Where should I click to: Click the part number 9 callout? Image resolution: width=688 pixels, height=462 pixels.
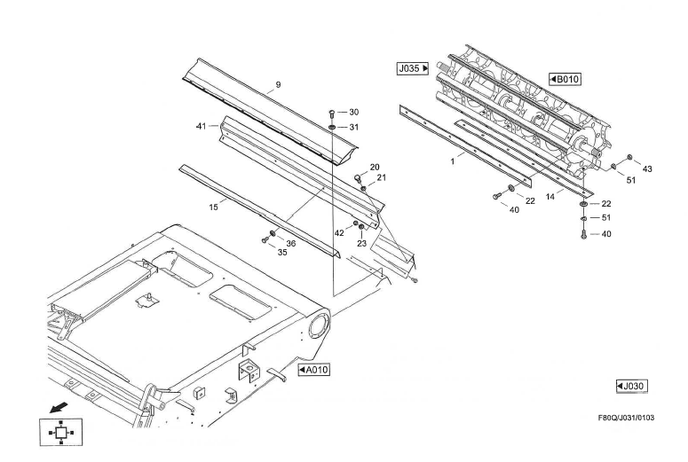tap(278, 85)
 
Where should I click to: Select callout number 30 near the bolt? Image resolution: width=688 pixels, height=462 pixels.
tap(353, 113)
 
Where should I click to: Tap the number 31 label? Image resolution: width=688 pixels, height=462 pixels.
tap(353, 127)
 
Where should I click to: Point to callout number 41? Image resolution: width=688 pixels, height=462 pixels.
tap(201, 126)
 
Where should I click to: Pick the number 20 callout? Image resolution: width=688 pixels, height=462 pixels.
tap(374, 167)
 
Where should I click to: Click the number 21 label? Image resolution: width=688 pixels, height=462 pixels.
tap(381, 177)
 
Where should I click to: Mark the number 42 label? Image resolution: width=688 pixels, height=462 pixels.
tap(338, 232)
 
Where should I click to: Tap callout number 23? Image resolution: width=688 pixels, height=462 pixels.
tap(361, 243)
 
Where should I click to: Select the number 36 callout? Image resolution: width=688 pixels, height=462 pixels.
tap(290, 243)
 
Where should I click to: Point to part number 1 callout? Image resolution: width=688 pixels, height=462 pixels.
tap(452, 162)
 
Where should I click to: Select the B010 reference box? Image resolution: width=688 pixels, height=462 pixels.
tap(565, 80)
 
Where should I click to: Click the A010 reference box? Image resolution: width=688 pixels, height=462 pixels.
tap(313, 368)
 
